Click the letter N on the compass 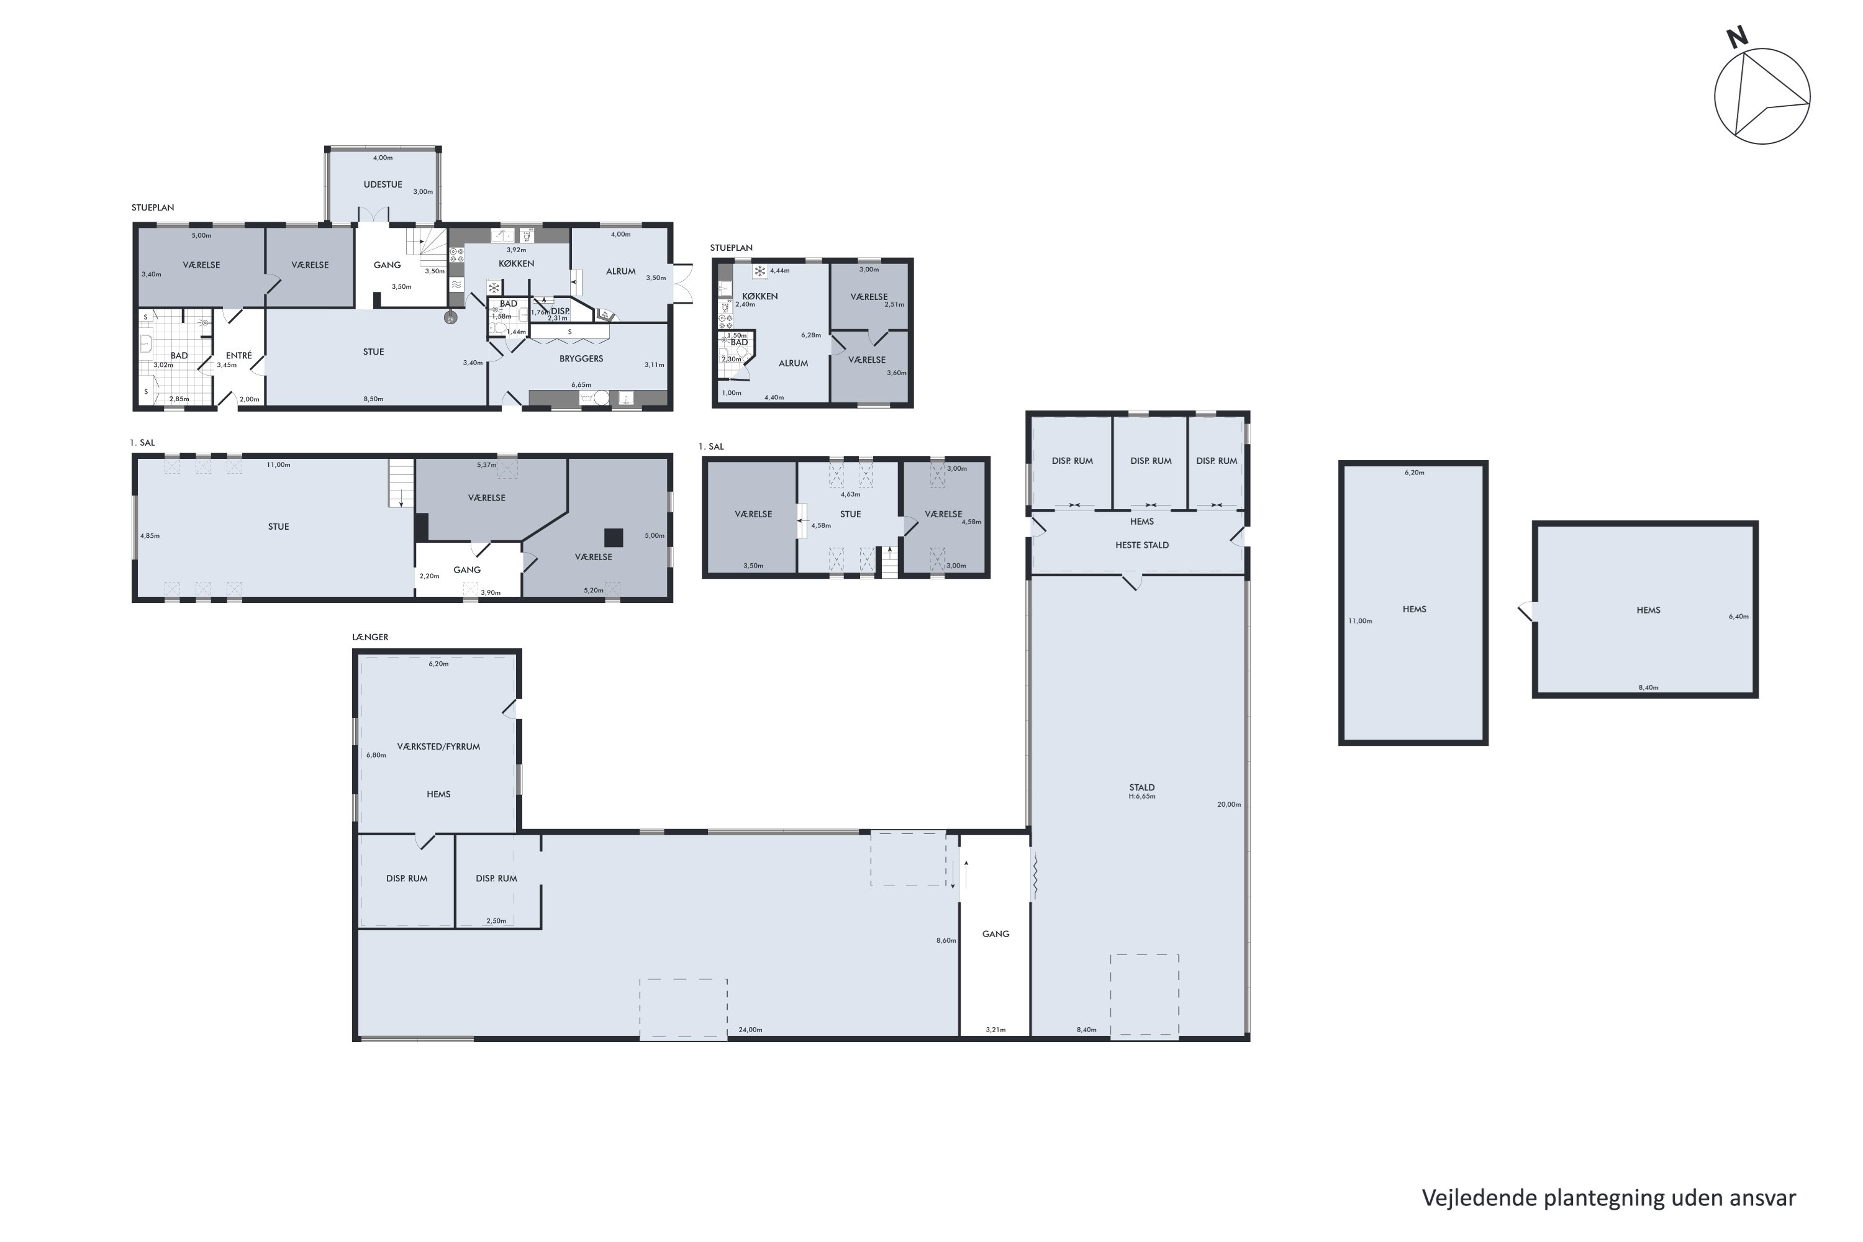pos(1737,37)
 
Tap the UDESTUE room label pos(383,184)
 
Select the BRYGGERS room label pos(581,359)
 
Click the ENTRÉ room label pos(238,356)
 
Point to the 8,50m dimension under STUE pos(373,399)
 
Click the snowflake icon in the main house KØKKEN pos(494,288)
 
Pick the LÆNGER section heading pos(370,637)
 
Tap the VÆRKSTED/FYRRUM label pos(438,746)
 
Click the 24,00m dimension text pos(750,1030)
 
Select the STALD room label pos(1141,787)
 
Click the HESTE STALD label pos(1141,545)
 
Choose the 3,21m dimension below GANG pos(995,1030)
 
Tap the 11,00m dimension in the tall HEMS pos(1360,621)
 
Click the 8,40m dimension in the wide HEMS pos(1648,687)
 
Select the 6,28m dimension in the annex pos(811,335)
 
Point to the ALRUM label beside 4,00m pos(621,271)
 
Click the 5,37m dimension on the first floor pos(486,465)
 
